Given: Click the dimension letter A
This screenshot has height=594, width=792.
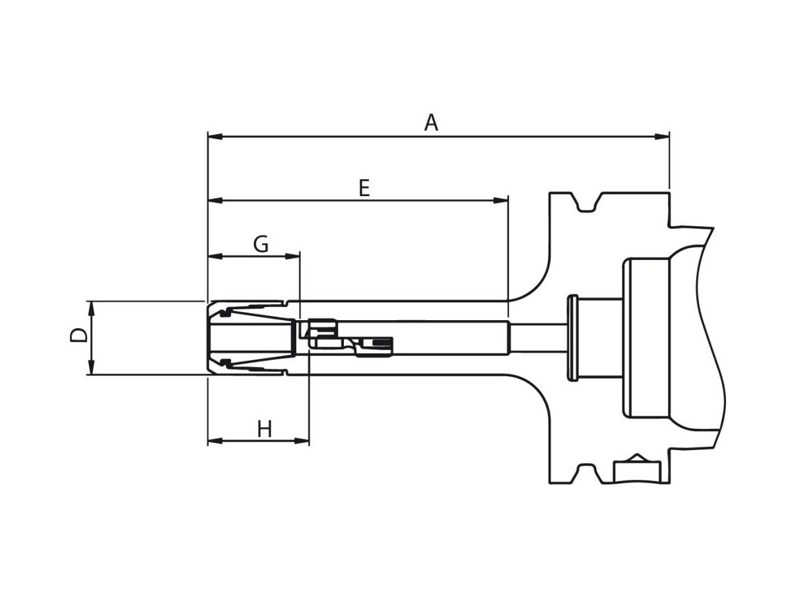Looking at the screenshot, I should [431, 123].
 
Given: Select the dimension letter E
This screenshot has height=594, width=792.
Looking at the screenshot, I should [364, 188].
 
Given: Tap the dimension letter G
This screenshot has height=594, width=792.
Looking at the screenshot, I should [261, 244].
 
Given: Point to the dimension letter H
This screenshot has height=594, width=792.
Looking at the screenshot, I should [265, 430].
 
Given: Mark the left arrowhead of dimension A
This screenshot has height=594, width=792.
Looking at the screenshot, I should [215, 137].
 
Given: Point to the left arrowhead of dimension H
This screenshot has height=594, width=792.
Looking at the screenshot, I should [215, 441].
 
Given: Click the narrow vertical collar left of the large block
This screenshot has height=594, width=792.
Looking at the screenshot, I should [572, 338].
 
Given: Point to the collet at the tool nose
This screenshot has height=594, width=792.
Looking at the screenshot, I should [251, 338].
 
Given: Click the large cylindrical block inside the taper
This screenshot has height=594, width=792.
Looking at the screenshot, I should [647, 338].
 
